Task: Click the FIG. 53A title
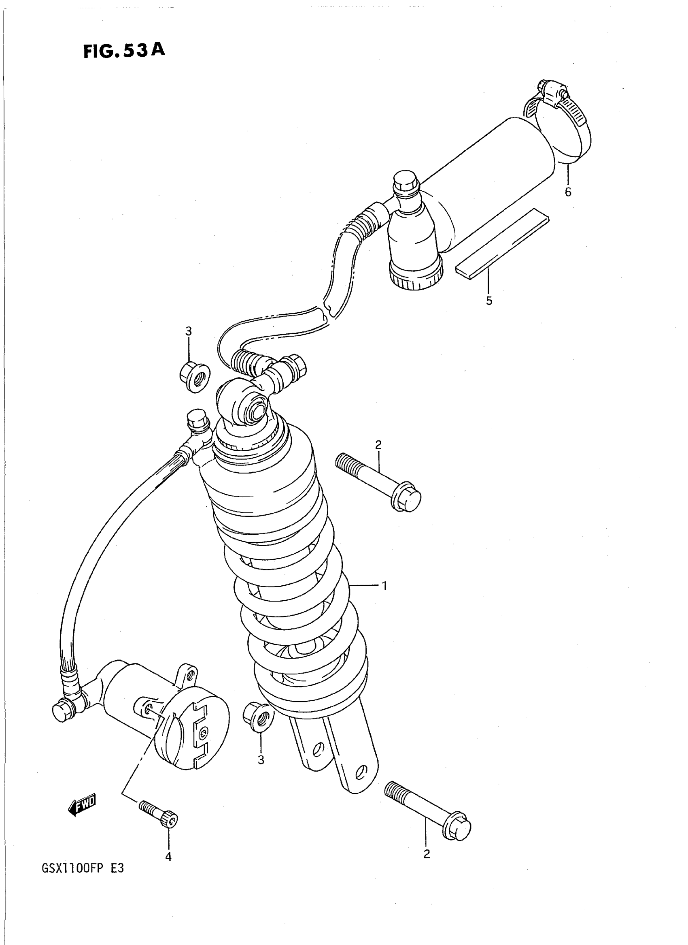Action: point(124,51)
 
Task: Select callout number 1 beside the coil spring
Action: point(384,586)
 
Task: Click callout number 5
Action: point(489,300)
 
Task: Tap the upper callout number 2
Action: point(378,445)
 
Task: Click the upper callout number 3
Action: point(188,331)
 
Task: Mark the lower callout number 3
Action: point(261,760)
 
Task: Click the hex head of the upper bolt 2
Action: point(406,497)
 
